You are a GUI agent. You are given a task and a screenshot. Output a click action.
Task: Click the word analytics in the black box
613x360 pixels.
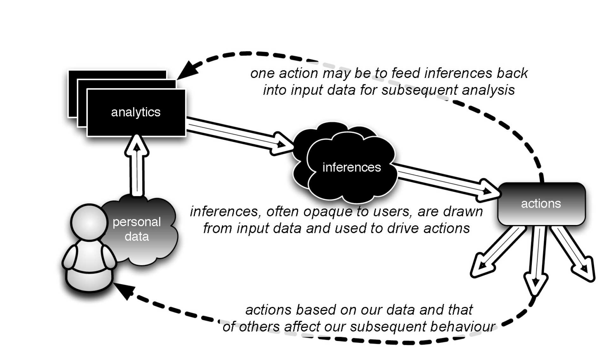click(x=136, y=112)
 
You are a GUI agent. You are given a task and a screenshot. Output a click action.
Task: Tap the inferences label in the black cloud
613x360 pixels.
click(x=352, y=167)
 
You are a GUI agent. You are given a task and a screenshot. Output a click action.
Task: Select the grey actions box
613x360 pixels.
click(x=541, y=204)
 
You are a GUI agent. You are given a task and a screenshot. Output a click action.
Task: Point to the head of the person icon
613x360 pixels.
click(x=89, y=222)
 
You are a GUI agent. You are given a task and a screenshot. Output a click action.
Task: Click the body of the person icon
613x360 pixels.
click(x=89, y=263)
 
